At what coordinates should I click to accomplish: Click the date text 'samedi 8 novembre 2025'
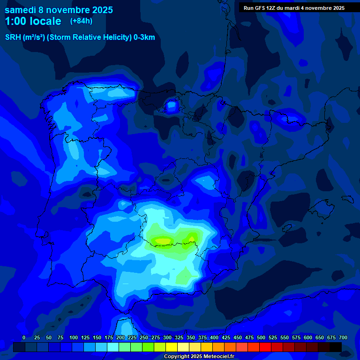[59, 10]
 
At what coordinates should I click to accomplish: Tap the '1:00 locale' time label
[33, 21]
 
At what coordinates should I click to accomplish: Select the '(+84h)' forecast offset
[81, 21]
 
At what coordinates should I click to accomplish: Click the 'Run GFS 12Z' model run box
[294, 8]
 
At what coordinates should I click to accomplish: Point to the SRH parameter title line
[80, 37]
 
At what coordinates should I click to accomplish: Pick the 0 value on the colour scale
[24, 338]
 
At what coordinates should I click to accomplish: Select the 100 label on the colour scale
[74, 338]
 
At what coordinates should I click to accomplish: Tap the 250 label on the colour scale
[144, 338]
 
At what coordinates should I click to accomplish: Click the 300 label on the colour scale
[167, 338]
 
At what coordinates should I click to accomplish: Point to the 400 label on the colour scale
[214, 338]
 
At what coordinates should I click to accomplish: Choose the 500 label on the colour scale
[261, 338]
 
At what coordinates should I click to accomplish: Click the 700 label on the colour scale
[343, 338]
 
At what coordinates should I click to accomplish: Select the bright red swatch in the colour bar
[265, 347]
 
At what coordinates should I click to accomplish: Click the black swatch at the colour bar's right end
[336, 347]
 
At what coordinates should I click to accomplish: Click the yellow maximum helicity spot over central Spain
[163, 241]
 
